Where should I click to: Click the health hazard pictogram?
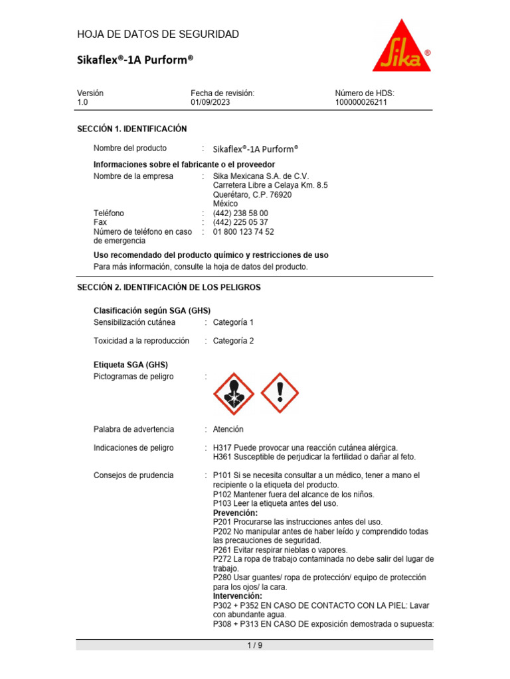coord(233,393)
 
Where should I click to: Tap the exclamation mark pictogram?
coord(280,393)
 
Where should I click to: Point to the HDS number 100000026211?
coord(361,103)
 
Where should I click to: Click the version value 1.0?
coord(82,103)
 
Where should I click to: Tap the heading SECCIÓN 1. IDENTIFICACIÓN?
coord(132,129)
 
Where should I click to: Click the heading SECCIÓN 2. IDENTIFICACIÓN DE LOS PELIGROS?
coord(169,287)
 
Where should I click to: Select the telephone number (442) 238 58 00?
coord(240,214)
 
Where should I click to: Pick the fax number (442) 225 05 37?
coord(240,223)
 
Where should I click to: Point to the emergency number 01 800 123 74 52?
coord(243,232)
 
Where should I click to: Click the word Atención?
coord(228,429)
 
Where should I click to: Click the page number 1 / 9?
coord(254,646)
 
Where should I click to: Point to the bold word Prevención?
coord(235,513)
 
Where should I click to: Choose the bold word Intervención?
coord(237,596)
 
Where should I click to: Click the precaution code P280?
coord(222,578)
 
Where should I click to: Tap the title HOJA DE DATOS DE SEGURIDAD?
coord(158,34)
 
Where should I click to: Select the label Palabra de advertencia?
coord(133,429)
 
